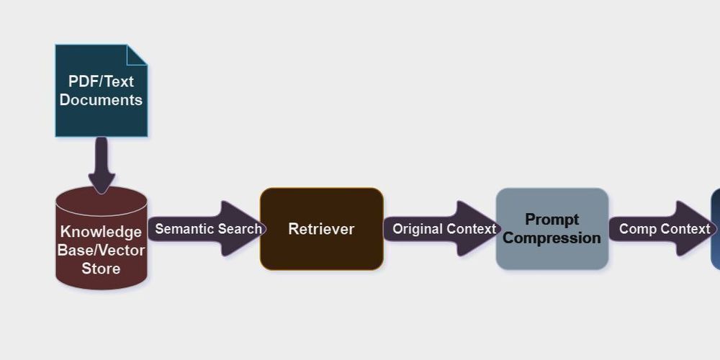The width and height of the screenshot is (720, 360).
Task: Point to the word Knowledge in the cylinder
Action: tap(101, 232)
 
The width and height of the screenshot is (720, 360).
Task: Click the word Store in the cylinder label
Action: tap(101, 269)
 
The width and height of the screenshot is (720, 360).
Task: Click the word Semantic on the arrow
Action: tap(181, 229)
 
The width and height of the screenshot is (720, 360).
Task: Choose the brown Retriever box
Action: tap(321, 229)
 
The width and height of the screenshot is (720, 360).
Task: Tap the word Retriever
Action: tap(321, 229)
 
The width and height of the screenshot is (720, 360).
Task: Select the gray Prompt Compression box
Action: tap(552, 229)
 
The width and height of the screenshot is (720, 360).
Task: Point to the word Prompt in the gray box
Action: tap(552, 220)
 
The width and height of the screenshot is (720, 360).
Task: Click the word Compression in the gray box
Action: tap(552, 238)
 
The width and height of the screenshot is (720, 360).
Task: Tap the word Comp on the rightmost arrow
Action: tap(636, 229)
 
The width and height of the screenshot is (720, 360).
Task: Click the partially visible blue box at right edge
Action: tap(716, 229)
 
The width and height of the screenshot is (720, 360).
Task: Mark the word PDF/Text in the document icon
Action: tap(101, 81)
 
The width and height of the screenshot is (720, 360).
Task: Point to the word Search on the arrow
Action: tap(238, 229)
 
